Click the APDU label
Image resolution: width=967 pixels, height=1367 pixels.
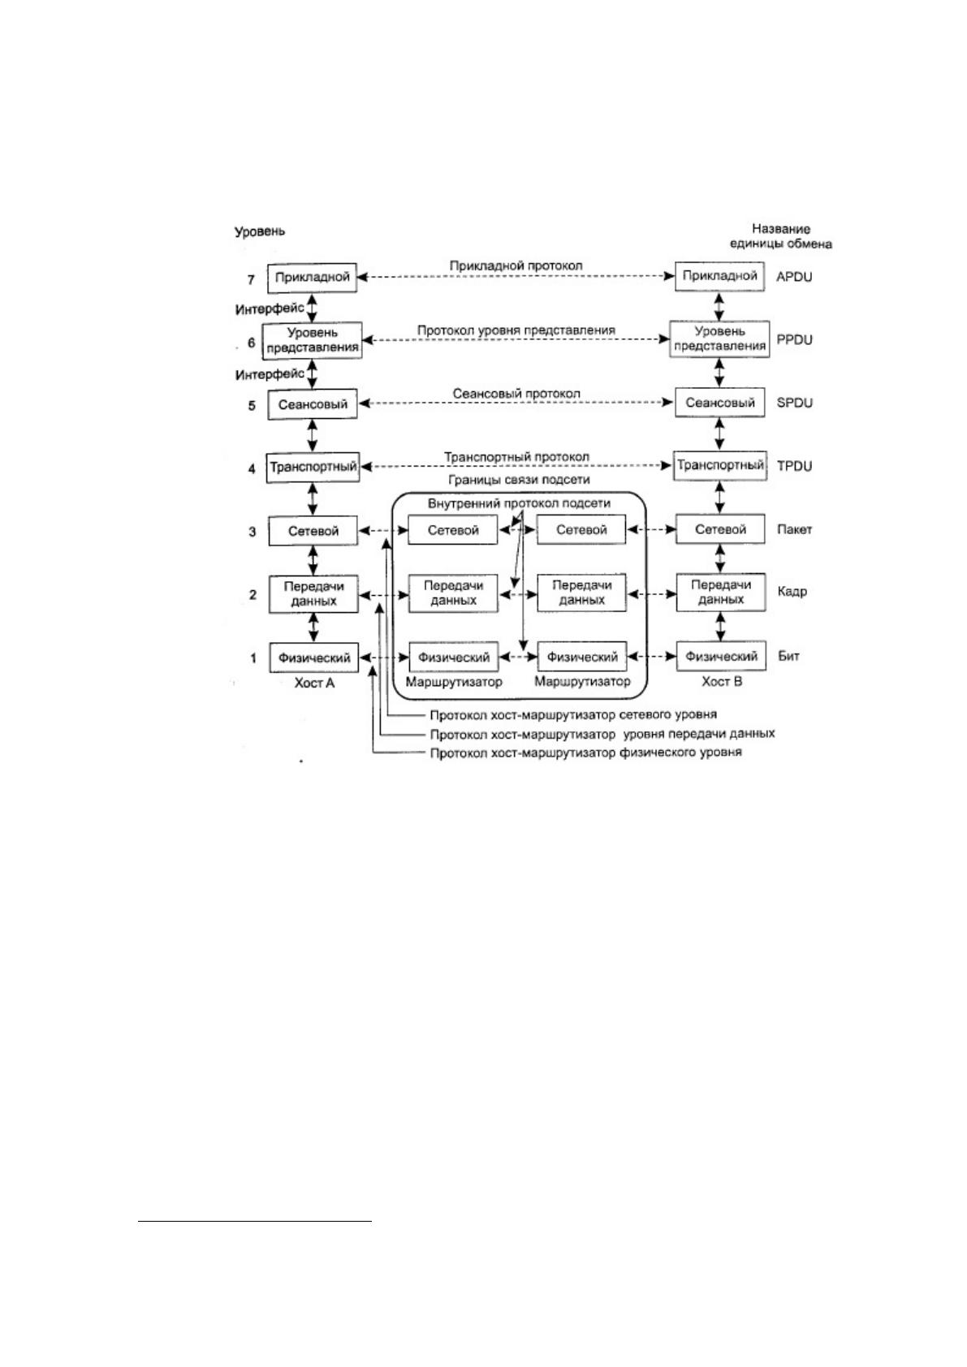(793, 277)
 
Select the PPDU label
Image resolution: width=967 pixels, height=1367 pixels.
(794, 340)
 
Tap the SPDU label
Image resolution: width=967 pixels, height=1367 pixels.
(794, 403)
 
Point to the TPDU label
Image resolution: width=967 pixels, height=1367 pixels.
(794, 466)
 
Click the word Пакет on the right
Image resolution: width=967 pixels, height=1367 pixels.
(794, 530)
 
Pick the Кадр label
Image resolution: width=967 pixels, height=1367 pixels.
(792, 592)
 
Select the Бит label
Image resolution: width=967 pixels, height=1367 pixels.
(788, 657)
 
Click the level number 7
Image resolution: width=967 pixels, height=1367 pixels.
(251, 280)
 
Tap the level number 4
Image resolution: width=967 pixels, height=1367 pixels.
(252, 469)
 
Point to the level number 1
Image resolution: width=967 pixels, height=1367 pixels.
(253, 658)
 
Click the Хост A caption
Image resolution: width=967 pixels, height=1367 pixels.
(314, 683)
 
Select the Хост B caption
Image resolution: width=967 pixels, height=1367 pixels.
(722, 682)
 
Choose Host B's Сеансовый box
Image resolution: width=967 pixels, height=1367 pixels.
(719, 403)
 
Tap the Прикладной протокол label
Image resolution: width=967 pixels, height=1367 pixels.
(516, 266)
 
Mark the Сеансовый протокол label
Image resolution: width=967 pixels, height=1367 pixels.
(516, 394)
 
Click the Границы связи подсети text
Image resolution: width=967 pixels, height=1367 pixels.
(519, 480)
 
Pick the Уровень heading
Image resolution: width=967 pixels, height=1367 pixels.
(260, 232)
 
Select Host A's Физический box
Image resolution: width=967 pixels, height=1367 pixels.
(313, 658)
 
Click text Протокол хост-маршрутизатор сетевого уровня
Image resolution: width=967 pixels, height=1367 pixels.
(573, 714)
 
